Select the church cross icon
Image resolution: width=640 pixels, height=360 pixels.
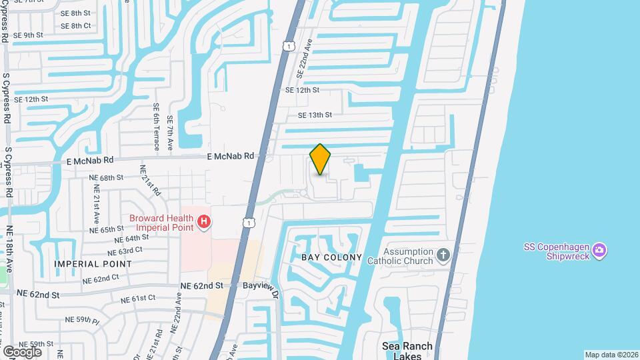pos(443,254)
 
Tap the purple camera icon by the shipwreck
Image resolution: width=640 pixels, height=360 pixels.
pos(599,250)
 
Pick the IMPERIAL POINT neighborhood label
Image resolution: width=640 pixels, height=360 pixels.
pos(93,264)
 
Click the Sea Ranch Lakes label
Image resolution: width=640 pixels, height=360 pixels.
pos(407,351)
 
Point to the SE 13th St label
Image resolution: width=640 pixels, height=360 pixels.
pos(315,115)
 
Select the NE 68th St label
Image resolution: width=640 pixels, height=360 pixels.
pos(107,178)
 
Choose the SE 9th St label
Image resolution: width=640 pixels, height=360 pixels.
pos(29,35)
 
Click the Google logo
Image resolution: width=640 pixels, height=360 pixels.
pos(22,351)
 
